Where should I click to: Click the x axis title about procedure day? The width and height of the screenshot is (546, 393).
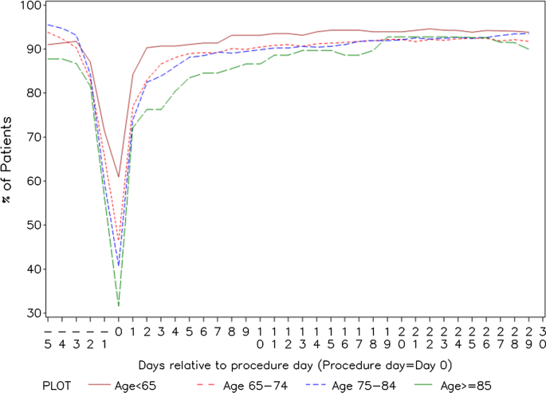click(x=295, y=364)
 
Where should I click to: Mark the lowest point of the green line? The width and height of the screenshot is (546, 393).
click(x=118, y=305)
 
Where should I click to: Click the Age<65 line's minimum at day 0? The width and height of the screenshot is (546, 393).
click(x=118, y=177)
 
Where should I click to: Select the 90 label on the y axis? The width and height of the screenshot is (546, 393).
click(x=29, y=49)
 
